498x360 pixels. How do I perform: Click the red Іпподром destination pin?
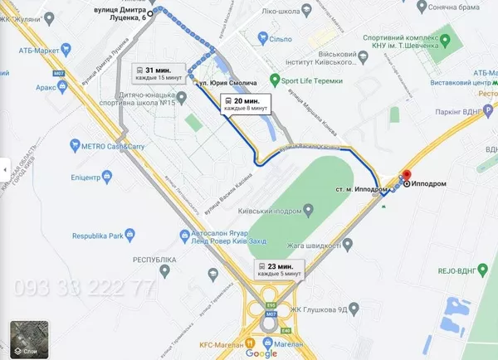click(406, 176)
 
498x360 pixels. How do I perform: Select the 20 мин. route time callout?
click(244, 104)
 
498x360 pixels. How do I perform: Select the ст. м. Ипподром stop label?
click(358, 189)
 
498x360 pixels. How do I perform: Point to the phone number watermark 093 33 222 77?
click(80, 289)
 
